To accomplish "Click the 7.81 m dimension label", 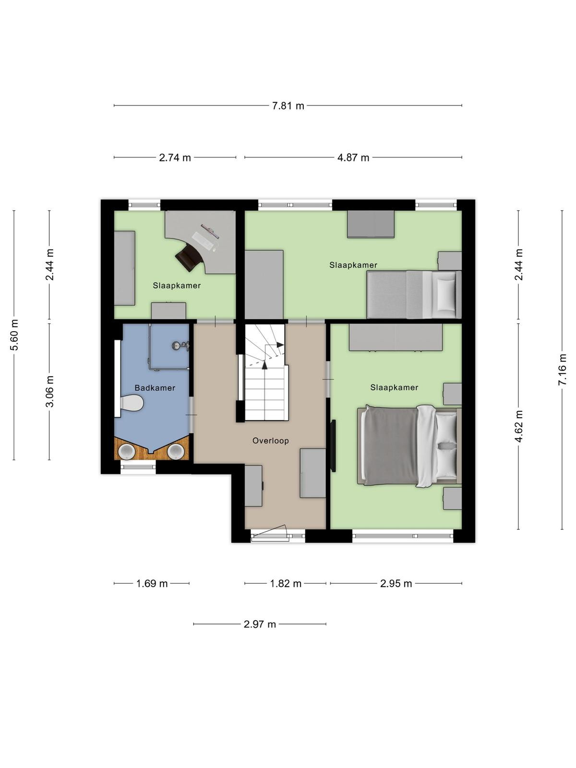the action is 288,106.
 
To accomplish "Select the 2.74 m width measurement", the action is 175,158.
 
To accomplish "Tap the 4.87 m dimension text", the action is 353,158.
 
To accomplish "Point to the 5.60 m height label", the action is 14,335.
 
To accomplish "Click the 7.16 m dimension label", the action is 562,370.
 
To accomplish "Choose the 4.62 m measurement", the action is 519,426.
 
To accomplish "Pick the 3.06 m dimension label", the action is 49,391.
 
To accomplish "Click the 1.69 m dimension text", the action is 152,584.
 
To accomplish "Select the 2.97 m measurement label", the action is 260,624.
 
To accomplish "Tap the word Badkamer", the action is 155,388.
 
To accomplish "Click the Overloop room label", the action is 271,441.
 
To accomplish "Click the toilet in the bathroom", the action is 132,403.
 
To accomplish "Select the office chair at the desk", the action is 189,257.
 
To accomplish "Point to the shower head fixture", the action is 180,346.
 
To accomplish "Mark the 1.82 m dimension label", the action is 286,584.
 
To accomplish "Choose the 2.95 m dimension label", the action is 396,584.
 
